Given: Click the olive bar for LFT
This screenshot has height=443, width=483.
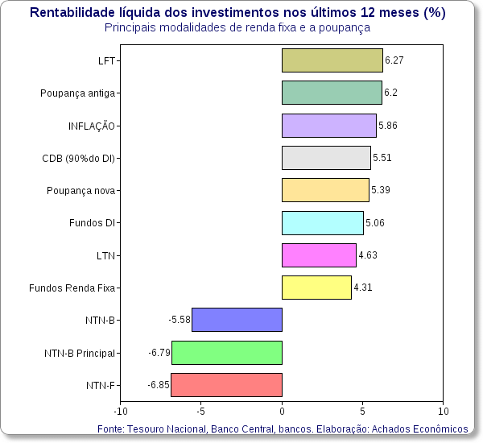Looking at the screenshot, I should [x=332, y=60].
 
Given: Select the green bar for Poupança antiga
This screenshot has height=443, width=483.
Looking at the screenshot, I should [x=332, y=93].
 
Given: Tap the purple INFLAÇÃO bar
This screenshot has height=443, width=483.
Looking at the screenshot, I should [x=328, y=126].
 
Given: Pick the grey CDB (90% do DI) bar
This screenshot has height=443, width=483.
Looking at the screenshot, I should [x=326, y=158].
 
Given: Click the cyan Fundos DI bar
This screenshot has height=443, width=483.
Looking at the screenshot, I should [x=322, y=222].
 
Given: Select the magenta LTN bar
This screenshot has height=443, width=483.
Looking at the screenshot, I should [x=319, y=255].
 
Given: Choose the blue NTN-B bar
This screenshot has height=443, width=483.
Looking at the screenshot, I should [x=237, y=320].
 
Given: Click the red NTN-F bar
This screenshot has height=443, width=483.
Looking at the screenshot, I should [x=226, y=385].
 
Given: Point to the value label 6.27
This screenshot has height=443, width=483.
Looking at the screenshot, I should [x=394, y=60].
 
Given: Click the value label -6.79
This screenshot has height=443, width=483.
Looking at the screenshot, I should [x=159, y=353].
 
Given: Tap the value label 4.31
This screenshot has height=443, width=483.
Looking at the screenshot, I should [x=363, y=288].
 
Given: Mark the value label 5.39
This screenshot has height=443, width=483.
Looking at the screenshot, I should [x=381, y=190].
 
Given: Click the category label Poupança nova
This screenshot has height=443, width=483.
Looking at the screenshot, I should [x=80, y=190].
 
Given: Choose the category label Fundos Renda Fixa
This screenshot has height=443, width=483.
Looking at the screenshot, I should [x=73, y=288].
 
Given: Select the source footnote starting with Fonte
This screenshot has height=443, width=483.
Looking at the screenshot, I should [x=282, y=429].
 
